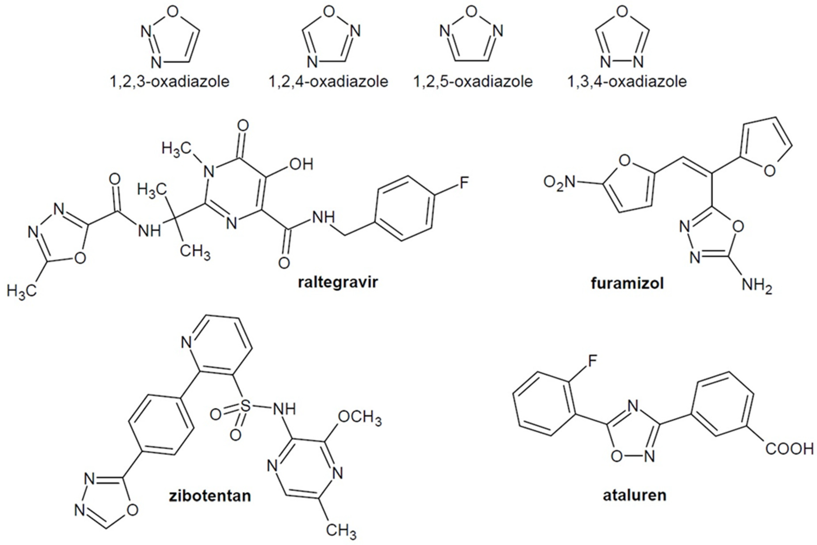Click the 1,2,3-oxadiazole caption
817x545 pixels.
point(170,82)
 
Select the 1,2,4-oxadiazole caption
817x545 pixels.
point(328,82)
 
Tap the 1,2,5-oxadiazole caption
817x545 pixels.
point(473,82)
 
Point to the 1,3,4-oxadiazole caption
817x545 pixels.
point(627,82)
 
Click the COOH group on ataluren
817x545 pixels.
point(789,449)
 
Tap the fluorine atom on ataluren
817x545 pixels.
point(592,361)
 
